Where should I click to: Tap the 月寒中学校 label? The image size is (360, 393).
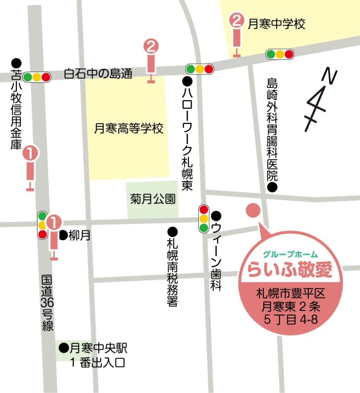point(276,25)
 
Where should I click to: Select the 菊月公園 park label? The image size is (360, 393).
point(153,199)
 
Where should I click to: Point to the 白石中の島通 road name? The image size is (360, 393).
point(98,73)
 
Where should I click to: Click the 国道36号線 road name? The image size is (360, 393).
point(47,303)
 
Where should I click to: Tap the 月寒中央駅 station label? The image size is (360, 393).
point(97,348)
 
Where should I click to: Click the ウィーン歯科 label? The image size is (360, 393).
point(216,257)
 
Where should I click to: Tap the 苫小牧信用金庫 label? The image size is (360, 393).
point(16,109)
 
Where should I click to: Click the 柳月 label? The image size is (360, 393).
point(79,235)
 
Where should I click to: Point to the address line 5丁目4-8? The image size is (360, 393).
point(291,319)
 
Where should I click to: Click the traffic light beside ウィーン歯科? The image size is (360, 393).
point(204,219)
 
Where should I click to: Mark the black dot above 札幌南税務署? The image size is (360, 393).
point(173,231)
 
